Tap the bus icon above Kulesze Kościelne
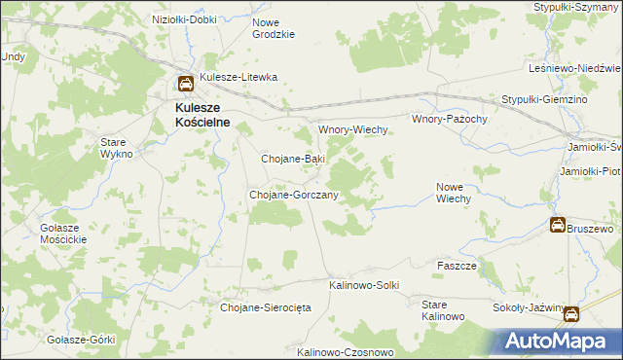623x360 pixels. (x=184, y=85)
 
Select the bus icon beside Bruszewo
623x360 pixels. (x=558, y=226)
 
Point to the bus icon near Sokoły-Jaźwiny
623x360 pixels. (x=571, y=314)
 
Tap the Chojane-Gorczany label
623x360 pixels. (x=294, y=195)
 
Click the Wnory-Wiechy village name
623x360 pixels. (x=354, y=129)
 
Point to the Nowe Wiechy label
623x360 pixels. (x=454, y=192)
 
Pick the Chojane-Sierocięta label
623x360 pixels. (x=265, y=307)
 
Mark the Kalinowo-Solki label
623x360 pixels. (x=365, y=284)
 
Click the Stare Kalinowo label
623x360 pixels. (x=443, y=310)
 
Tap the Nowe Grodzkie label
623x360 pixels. (x=273, y=28)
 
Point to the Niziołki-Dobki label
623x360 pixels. (x=184, y=18)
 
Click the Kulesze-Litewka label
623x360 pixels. (x=239, y=77)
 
